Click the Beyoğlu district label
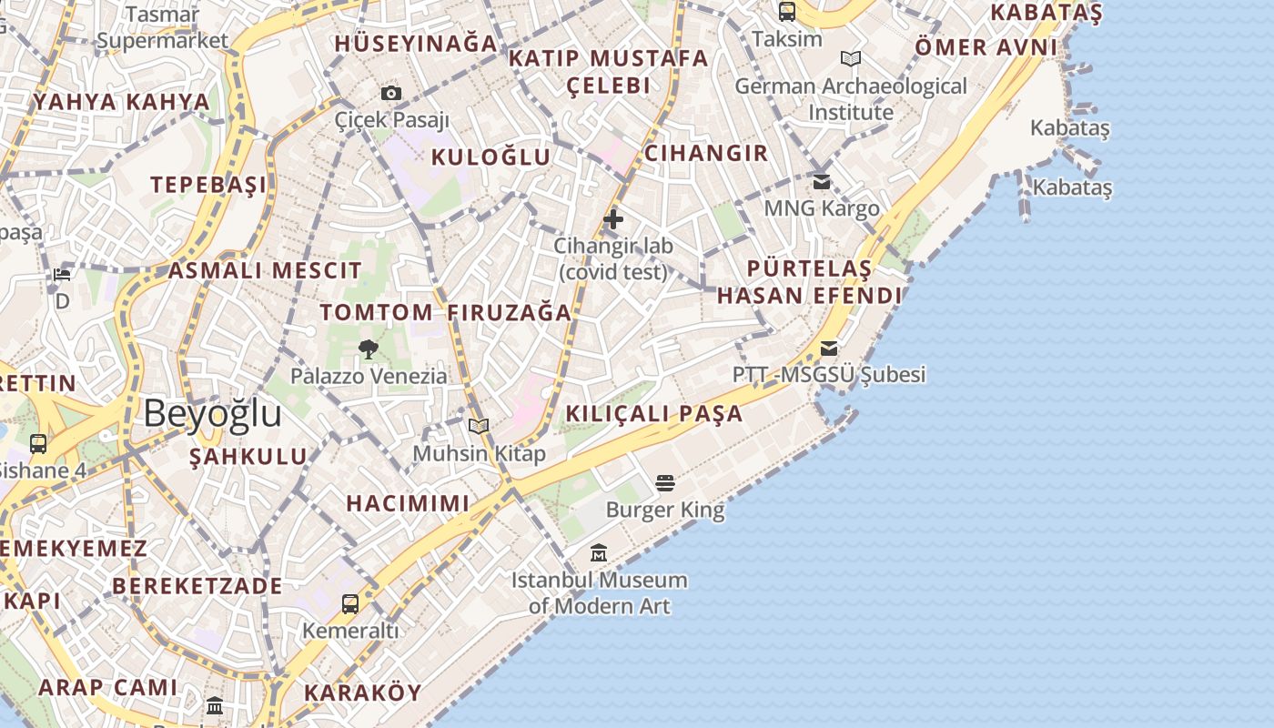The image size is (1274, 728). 212,413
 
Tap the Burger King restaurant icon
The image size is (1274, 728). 665,482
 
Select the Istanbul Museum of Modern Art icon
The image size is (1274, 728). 599,552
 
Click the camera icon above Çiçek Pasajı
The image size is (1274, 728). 391,93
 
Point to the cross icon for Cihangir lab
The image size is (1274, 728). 613,219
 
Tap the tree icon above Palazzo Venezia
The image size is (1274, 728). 369,349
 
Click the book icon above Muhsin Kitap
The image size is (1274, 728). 479,426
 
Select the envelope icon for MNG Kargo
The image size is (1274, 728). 822,182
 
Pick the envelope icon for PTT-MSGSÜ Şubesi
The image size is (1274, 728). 828,349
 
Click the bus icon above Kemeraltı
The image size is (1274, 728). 350,603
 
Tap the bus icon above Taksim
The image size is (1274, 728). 787,12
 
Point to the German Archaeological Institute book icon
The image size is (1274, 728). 851,59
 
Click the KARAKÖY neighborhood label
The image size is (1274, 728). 363,693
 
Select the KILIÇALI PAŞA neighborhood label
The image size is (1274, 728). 654,414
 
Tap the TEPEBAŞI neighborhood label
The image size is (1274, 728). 209,185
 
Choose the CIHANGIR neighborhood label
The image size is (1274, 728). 706,153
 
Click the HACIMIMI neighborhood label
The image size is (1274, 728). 408,503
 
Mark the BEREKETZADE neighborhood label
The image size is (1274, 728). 197,586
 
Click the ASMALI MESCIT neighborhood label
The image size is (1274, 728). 265,270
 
